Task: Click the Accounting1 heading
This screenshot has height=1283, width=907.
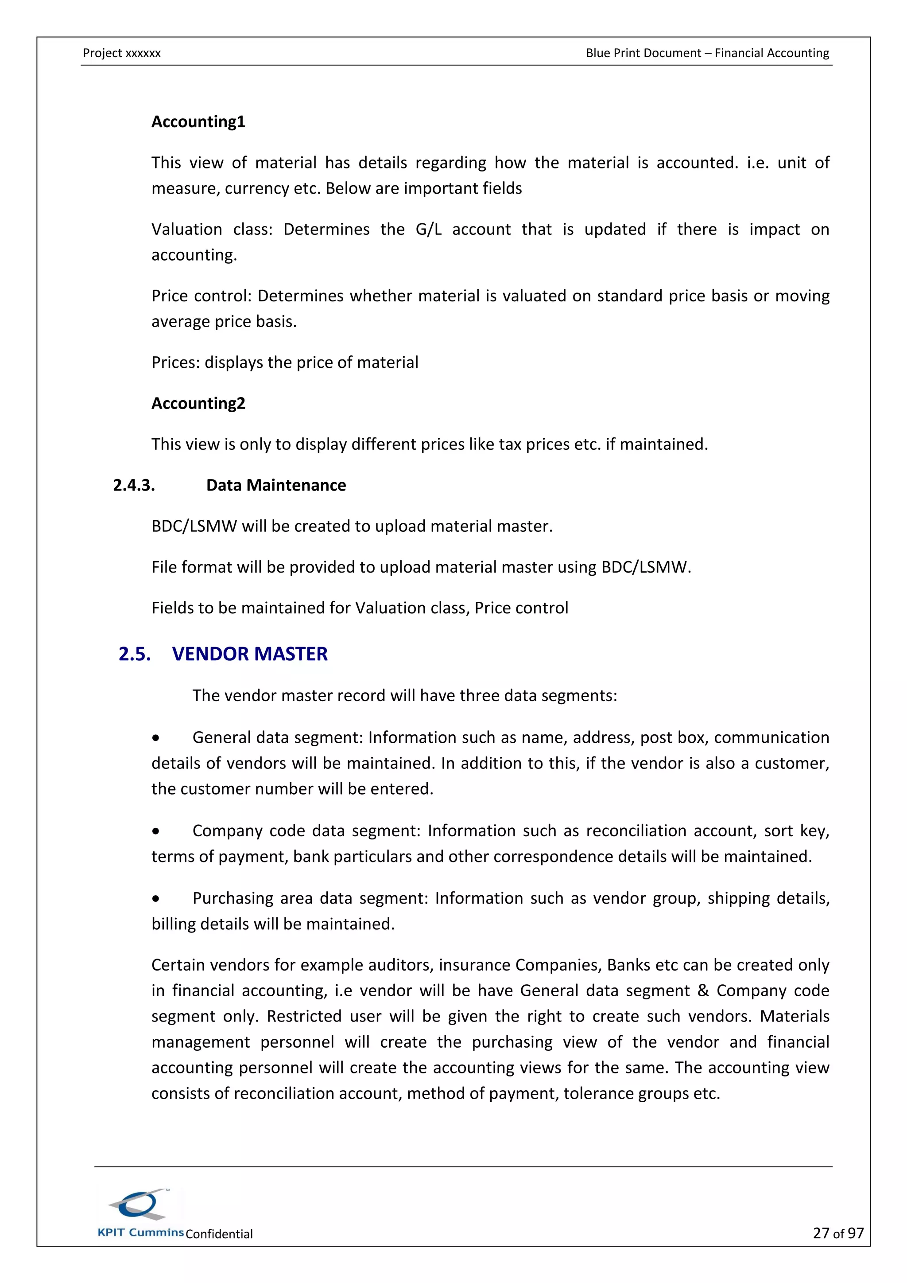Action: coord(198,122)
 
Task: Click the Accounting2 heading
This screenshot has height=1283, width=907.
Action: coord(198,403)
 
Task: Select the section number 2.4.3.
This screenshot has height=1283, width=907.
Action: coord(134,485)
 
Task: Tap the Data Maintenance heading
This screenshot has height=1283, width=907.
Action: coord(276,485)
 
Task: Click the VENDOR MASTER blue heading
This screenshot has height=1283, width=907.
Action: coord(250,654)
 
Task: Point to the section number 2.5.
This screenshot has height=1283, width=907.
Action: coord(135,654)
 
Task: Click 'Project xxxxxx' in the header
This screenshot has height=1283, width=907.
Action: coord(122,53)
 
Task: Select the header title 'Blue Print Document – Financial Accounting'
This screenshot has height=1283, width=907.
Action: coord(707,53)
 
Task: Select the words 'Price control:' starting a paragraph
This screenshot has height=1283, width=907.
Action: coord(202,296)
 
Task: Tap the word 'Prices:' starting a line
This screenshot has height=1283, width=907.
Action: coord(175,363)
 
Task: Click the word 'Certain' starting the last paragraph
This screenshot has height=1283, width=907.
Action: coord(178,965)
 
